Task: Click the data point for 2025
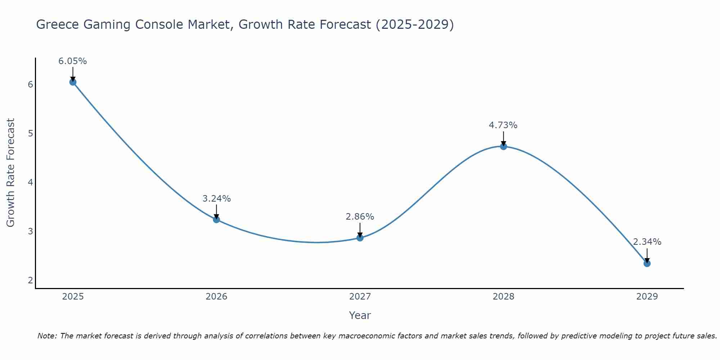click(x=73, y=82)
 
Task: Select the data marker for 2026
click(x=216, y=219)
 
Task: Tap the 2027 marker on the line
click(x=360, y=238)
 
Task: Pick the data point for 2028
click(x=503, y=146)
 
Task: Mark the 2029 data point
click(x=647, y=263)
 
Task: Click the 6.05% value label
click(x=73, y=61)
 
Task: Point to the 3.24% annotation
click(x=216, y=198)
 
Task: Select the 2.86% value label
click(x=360, y=217)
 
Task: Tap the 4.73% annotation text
click(x=503, y=125)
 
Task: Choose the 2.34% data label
click(x=647, y=242)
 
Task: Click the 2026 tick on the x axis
click(x=216, y=297)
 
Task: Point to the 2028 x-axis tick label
click(x=503, y=297)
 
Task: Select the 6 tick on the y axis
click(x=30, y=85)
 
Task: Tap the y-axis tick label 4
click(x=30, y=183)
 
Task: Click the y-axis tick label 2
click(x=30, y=280)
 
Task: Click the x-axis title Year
click(x=360, y=315)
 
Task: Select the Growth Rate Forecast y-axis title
click(x=11, y=173)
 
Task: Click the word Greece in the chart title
click(x=58, y=25)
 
